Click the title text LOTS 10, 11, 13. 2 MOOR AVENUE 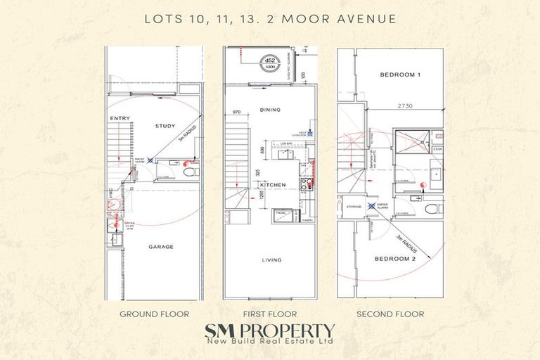click(x=269, y=19)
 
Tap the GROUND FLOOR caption click(x=153, y=314)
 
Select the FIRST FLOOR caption click(x=270, y=314)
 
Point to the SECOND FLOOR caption click(x=390, y=314)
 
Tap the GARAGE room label click(x=160, y=247)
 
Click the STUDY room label click(x=165, y=127)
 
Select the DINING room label click(x=271, y=110)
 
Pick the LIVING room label click(x=271, y=260)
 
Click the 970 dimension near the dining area click(x=236, y=111)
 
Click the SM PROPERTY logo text click(x=269, y=330)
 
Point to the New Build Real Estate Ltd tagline click(x=269, y=343)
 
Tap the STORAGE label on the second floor click(x=354, y=207)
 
